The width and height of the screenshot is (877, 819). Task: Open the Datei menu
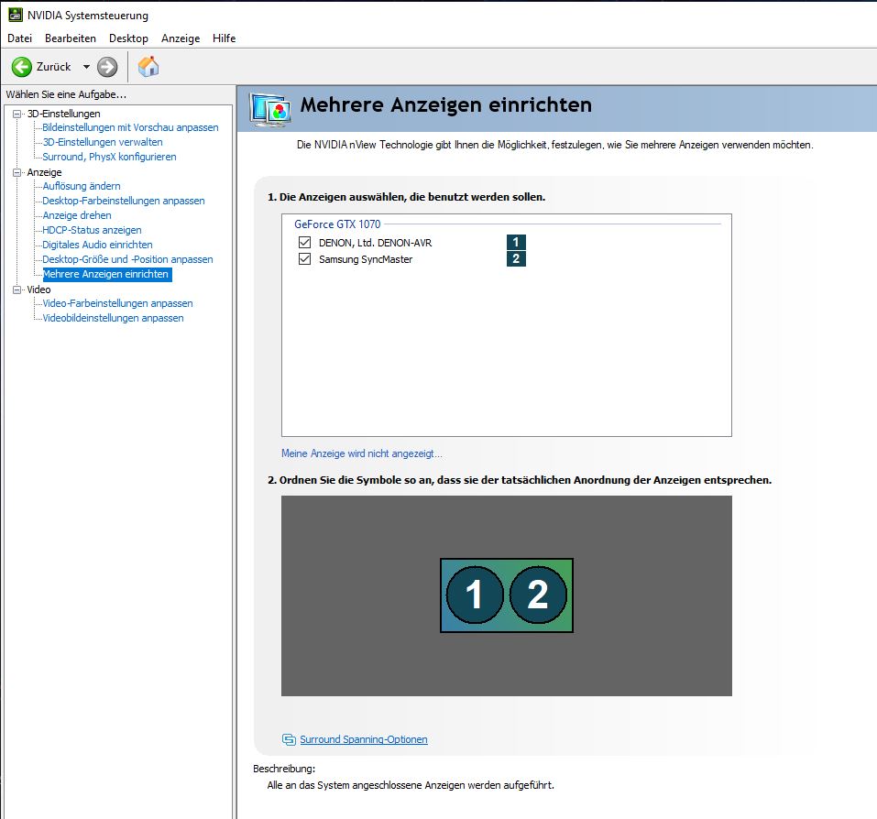[19, 38]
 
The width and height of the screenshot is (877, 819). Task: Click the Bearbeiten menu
[71, 38]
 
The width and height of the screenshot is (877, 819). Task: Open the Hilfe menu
[224, 38]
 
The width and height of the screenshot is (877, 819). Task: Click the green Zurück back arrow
[22, 67]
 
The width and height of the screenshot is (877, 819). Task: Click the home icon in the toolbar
[148, 67]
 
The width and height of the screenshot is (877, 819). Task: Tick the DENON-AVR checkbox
[305, 242]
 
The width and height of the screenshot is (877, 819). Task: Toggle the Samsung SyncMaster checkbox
[305, 259]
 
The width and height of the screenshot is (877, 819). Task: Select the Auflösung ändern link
[82, 186]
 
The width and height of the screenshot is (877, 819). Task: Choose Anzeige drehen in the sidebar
[77, 215]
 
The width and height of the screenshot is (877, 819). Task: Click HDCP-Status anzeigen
[92, 230]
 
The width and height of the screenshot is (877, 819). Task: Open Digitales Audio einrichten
[97, 245]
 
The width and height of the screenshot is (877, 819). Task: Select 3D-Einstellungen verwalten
[103, 142]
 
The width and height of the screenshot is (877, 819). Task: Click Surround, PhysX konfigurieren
[110, 157]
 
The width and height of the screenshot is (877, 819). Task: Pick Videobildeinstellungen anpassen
[113, 318]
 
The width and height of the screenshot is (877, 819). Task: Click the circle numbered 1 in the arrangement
[475, 595]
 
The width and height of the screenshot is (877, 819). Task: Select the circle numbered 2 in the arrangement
[538, 595]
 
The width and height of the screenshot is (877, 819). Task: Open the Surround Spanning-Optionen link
[364, 739]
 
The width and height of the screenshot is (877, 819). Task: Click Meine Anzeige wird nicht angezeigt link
[362, 453]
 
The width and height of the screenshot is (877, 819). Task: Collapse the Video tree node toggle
[16, 289]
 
